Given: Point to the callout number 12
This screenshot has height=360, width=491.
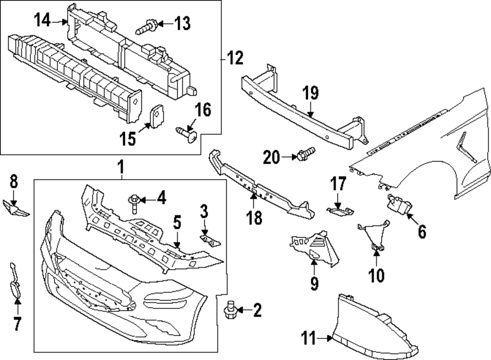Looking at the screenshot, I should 235,59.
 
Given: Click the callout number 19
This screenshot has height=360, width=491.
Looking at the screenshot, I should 310,93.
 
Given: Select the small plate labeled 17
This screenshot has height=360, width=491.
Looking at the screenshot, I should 340,211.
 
